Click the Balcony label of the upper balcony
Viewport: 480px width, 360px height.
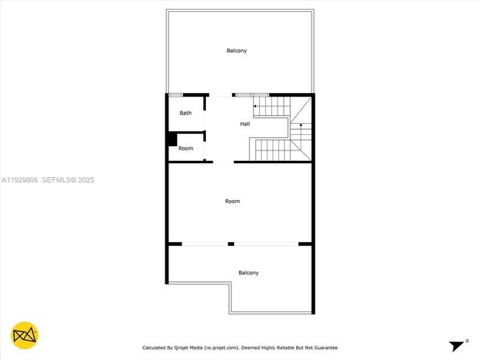[236, 51]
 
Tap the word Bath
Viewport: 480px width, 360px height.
[185, 113]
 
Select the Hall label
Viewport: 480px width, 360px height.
[245, 124]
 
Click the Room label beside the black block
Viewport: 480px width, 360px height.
[186, 148]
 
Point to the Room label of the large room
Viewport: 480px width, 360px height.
[233, 201]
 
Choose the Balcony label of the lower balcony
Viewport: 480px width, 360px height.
[248, 273]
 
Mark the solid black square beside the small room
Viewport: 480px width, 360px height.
[171, 139]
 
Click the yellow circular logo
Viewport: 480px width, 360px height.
[25, 336]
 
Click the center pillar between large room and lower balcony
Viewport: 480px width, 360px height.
[231, 243]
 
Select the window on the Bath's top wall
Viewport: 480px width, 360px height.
[176, 94]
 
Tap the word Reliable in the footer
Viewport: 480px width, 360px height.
[281, 347]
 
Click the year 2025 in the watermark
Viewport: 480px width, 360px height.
[86, 179]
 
